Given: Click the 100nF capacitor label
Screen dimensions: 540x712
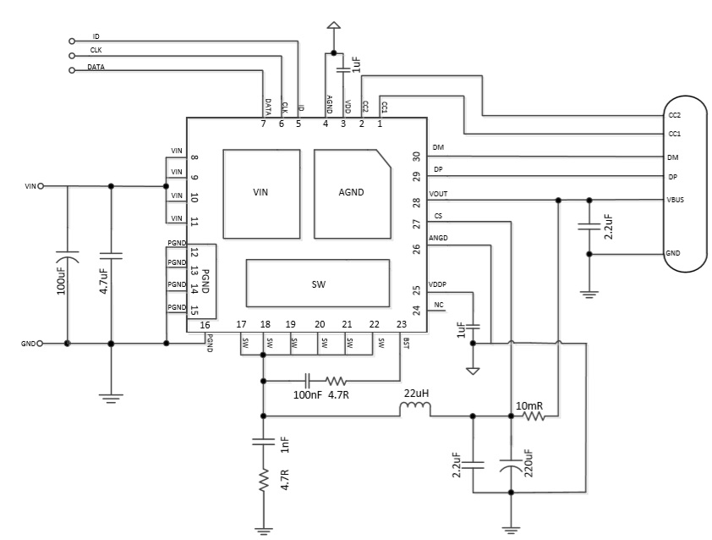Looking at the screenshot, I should pos(307,394).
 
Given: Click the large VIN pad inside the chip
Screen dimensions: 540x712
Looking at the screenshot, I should pos(261,192).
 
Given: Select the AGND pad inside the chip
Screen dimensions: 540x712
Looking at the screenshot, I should pos(351,192).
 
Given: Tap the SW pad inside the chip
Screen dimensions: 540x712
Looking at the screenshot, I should pos(318,284).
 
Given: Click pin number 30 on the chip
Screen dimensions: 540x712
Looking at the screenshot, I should pos(416,157).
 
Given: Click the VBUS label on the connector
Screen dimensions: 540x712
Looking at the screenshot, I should pos(675,201).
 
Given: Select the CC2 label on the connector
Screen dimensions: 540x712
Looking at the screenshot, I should pos(674,114).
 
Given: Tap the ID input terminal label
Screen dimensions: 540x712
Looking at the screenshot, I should pos(96,37).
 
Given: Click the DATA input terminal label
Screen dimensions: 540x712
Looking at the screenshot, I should pos(96,66).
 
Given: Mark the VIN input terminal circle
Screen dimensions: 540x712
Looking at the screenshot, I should pos(40,185).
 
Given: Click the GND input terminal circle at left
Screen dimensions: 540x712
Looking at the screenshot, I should pos(40,344).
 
